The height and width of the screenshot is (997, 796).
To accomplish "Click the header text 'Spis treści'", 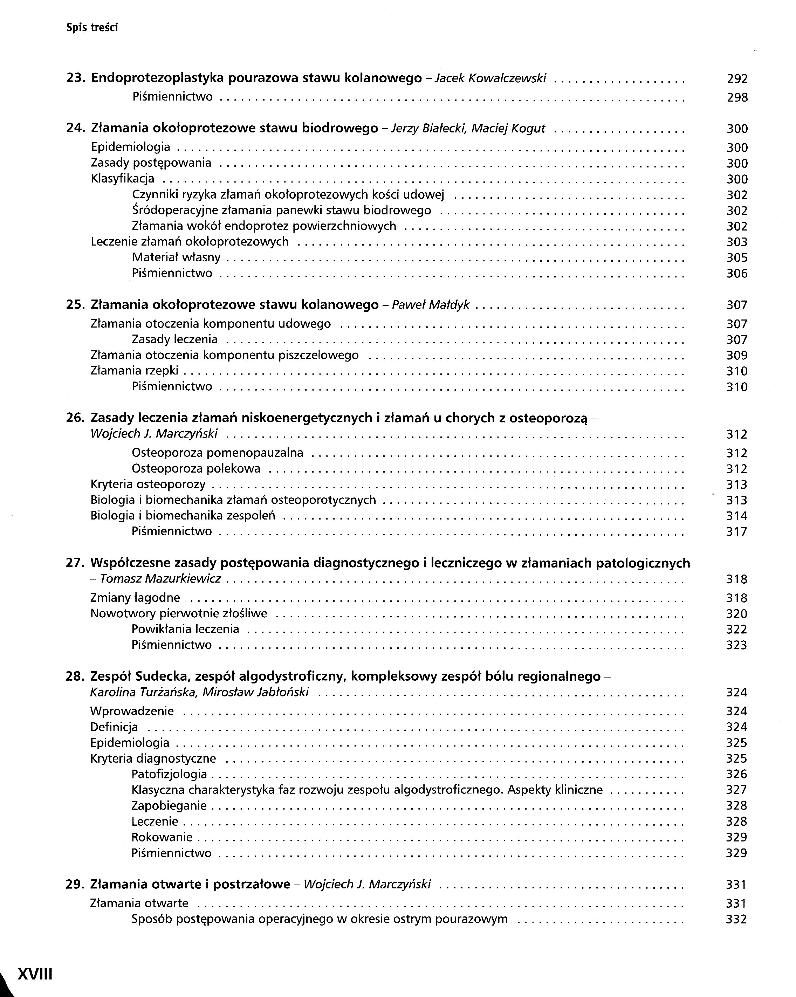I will point(92,28).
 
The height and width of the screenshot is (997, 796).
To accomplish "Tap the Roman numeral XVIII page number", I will point(35,974).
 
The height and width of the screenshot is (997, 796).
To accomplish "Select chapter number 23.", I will point(75,78).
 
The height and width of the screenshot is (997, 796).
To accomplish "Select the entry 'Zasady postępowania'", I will point(151,163).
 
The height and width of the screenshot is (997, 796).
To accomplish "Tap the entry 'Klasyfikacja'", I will point(123,179).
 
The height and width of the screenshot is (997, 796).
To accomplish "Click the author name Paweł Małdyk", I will point(431,305).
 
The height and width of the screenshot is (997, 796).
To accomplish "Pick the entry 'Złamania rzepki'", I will point(135,371).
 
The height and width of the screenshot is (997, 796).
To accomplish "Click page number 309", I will point(737,356).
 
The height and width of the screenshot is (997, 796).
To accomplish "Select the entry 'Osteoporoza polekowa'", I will point(196,469).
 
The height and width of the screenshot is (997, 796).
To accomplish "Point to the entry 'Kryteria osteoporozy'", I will point(148,484).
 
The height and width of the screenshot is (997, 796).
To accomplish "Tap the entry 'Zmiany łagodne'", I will point(135,598).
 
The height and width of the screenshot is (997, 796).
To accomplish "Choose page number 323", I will point(736,645).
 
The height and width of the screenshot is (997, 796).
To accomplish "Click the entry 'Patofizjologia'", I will point(169,774).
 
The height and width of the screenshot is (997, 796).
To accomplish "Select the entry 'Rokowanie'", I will point(162,837).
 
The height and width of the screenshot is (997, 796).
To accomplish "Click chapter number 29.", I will point(75,885).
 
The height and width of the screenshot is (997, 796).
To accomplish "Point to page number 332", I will point(736,919).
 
